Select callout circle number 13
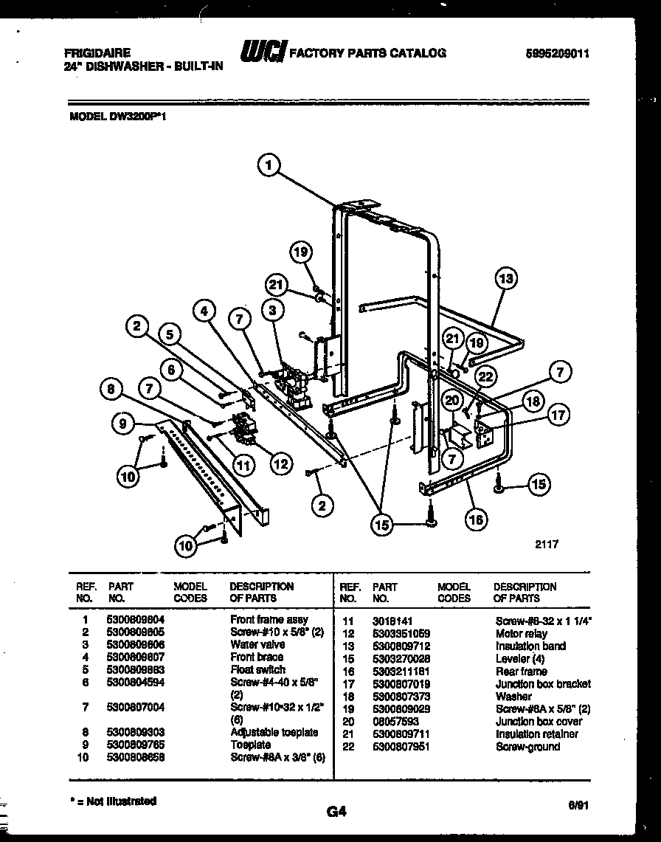pyautogui.click(x=505, y=279)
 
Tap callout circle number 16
pyautogui.click(x=477, y=520)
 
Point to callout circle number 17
pyautogui.click(x=559, y=415)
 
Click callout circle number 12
pyautogui.click(x=280, y=464)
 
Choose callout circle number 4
pyautogui.click(x=206, y=311)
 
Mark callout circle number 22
pyautogui.click(x=485, y=376)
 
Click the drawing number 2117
pyautogui.click(x=546, y=544)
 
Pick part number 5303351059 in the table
pyautogui.click(x=401, y=633)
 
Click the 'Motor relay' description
pyautogui.click(x=522, y=633)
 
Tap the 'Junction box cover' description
pyautogui.click(x=538, y=721)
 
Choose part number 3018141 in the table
pyautogui.click(x=390, y=621)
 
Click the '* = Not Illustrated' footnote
pyautogui.click(x=112, y=801)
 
